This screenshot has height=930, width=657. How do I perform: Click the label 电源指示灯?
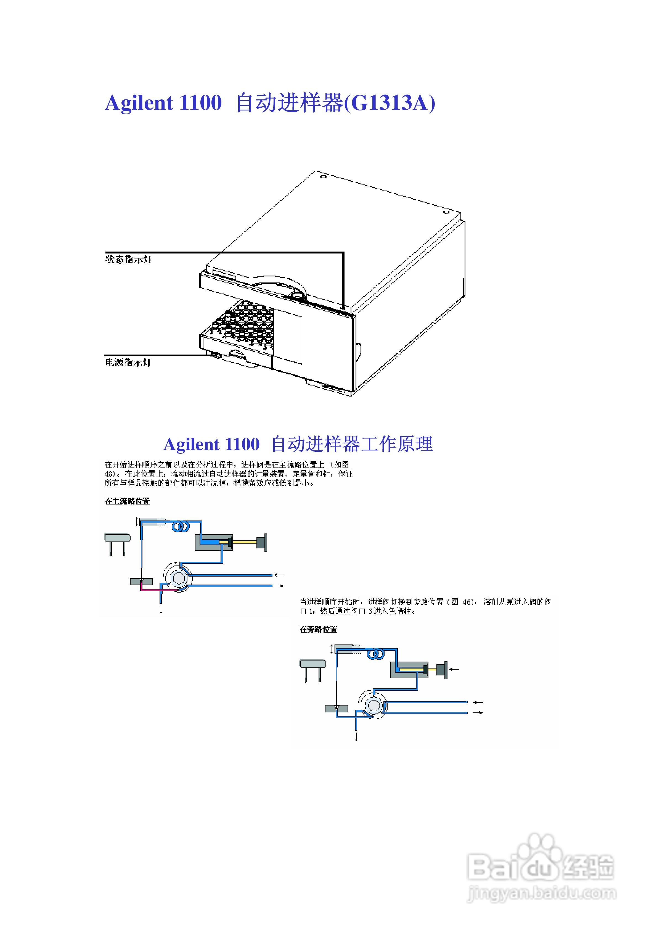(x=128, y=362)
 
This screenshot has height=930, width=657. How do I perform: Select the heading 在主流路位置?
(x=127, y=501)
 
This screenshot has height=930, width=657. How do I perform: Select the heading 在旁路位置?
(x=318, y=629)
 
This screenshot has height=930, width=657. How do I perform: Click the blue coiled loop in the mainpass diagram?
(x=181, y=527)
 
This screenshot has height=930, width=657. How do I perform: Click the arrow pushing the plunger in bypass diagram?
(x=454, y=669)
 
